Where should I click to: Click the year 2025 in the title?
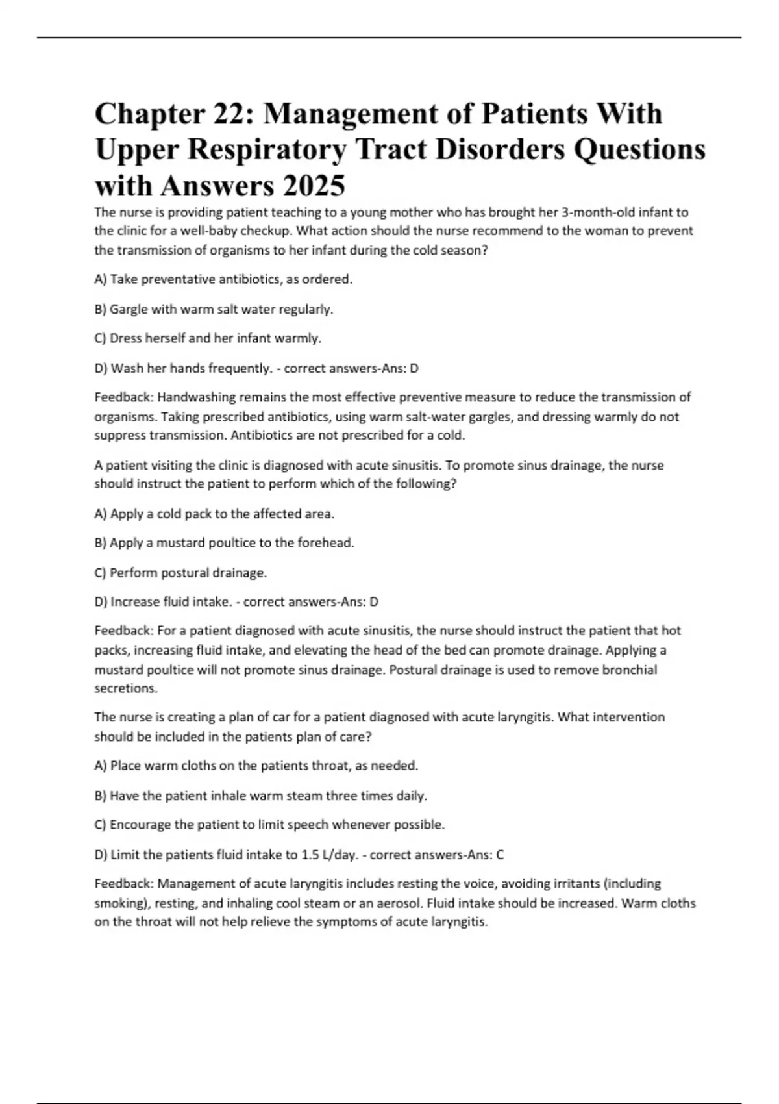[313, 186]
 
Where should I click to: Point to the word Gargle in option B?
[129, 309]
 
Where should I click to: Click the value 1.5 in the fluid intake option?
[310, 855]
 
